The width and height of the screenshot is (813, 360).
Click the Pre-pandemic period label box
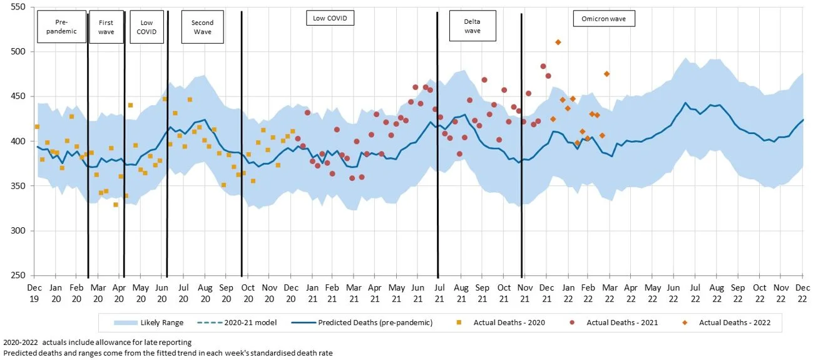[x=61, y=26]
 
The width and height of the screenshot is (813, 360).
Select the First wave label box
[x=106, y=27]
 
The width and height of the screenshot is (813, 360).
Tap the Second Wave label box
[x=202, y=27]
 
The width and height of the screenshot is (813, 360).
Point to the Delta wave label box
[x=473, y=26]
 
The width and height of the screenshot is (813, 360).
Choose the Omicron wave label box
[x=604, y=19]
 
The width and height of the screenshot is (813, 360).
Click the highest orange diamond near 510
[x=558, y=42]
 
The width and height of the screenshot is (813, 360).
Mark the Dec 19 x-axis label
[x=34, y=293]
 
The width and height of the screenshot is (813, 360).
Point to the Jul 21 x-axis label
[x=440, y=293]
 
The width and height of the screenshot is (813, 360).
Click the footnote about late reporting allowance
[x=97, y=342]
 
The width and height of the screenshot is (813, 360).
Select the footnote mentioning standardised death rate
[x=168, y=353]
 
